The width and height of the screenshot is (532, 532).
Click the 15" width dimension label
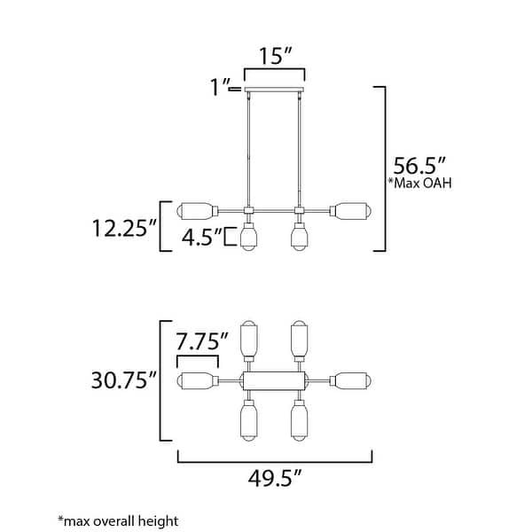coord(275,55)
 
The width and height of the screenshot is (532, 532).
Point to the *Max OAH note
coord(418,184)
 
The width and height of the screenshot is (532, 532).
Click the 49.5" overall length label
coord(275,480)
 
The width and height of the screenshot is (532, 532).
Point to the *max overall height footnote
coord(118,520)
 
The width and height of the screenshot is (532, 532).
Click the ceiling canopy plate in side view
coord(275,94)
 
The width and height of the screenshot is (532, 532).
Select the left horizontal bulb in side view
coord(198,211)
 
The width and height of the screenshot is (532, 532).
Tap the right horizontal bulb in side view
coord(352,211)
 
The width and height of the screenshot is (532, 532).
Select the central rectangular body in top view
coord(275,380)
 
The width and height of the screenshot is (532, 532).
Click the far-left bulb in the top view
coord(198,380)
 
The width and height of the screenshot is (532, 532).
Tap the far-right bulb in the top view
coord(352,380)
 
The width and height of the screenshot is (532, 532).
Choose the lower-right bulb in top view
coord(300,422)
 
